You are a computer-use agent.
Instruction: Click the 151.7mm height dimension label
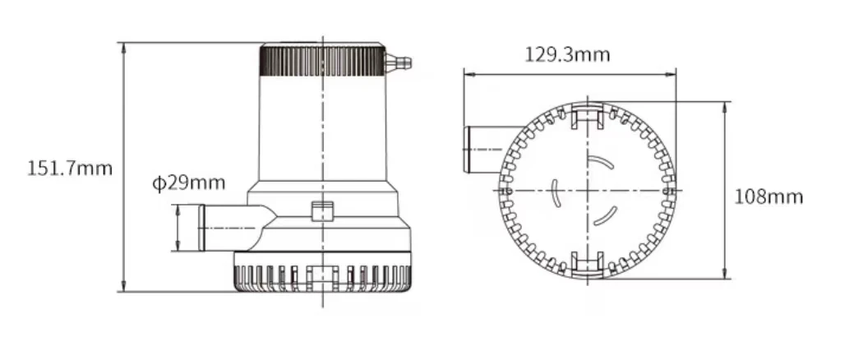(x=70, y=168)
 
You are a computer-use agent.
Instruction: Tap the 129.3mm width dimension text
(x=567, y=54)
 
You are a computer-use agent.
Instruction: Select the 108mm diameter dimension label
(x=768, y=196)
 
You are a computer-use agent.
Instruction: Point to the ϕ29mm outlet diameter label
(x=189, y=182)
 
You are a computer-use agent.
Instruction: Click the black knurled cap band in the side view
(x=322, y=61)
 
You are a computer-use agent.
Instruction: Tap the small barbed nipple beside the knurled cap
(x=399, y=62)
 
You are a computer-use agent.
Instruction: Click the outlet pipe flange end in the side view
(x=201, y=228)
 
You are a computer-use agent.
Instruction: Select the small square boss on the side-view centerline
(x=322, y=211)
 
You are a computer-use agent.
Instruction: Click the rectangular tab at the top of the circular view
(x=588, y=116)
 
